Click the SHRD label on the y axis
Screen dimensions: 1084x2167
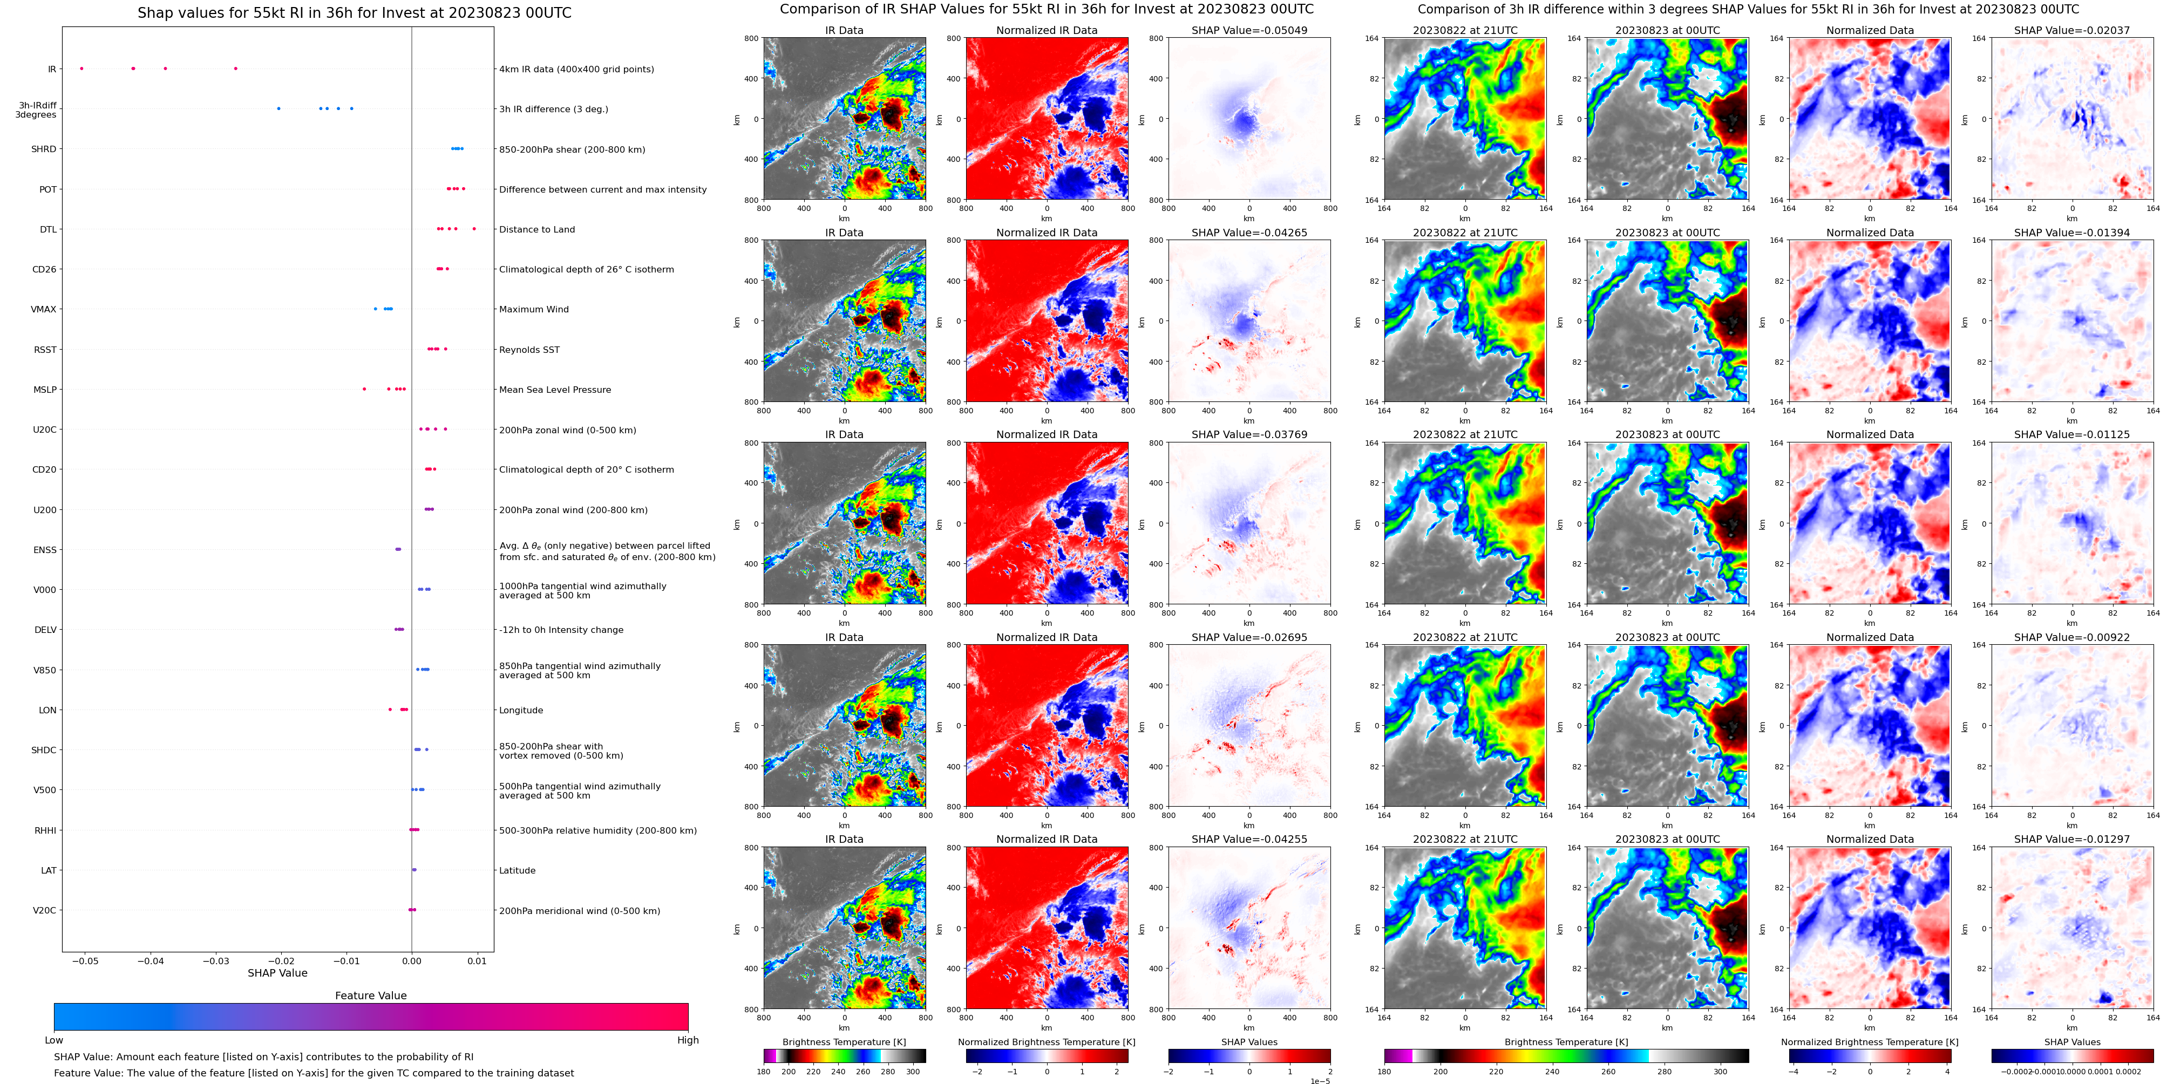[x=44, y=149]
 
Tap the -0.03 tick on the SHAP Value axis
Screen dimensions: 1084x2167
[x=216, y=960]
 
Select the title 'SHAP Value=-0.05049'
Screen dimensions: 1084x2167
[x=1249, y=30]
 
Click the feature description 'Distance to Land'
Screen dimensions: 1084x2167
[x=536, y=229]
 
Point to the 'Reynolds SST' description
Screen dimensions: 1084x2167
[x=529, y=350]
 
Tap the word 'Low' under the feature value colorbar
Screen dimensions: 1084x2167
[x=54, y=1040]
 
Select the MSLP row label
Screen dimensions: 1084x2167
[x=45, y=390]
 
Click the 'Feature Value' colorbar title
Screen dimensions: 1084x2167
[x=370, y=996]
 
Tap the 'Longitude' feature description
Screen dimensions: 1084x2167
[x=521, y=711]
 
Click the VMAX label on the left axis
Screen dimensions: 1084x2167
[x=44, y=310]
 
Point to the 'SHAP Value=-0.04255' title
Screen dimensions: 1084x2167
[x=1249, y=839]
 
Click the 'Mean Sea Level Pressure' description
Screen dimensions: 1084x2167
[x=554, y=390]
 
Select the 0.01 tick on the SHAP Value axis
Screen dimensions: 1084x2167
[x=477, y=960]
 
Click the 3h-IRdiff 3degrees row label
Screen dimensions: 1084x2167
[x=36, y=110]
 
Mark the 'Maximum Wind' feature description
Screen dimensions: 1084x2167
[x=533, y=310]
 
